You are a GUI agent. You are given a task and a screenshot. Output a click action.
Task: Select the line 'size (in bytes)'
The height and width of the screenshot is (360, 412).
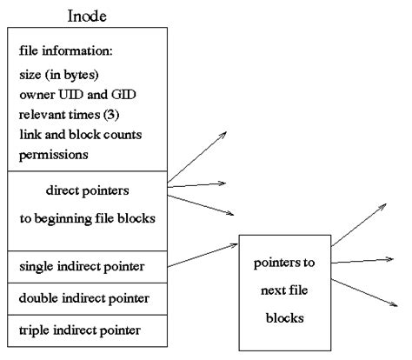[57, 74]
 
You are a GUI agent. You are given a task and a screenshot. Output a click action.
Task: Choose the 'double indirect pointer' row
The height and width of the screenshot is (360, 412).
[83, 297]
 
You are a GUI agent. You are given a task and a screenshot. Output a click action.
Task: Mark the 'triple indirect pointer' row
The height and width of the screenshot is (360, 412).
[79, 330]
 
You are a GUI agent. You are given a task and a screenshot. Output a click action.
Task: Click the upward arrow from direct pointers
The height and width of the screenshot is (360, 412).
[196, 157]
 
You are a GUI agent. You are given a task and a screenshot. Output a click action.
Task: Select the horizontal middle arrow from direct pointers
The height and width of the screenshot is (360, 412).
[196, 183]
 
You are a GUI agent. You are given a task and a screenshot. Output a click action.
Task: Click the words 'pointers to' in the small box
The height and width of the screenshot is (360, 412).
[284, 262]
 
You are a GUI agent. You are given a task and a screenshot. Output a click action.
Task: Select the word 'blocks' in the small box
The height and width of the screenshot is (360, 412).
[284, 317]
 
